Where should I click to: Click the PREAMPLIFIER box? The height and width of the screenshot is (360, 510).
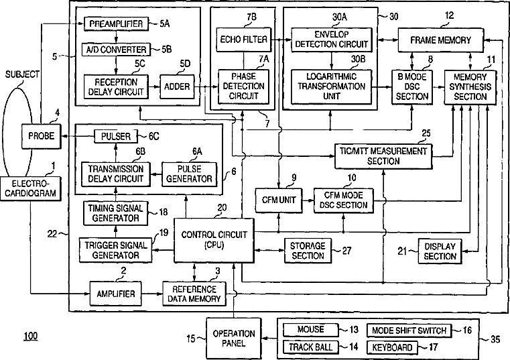pyautogui.click(x=116, y=23)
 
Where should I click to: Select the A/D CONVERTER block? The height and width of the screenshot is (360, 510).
pyautogui.click(x=116, y=50)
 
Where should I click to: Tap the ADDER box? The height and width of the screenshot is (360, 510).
pyautogui.click(x=177, y=86)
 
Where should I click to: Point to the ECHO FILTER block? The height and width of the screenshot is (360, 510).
pyautogui.click(x=244, y=40)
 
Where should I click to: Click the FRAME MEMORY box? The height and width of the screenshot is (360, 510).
pyautogui.click(x=441, y=40)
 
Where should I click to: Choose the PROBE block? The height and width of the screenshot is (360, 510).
pyautogui.click(x=42, y=136)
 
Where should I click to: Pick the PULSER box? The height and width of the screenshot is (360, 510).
pyautogui.click(x=116, y=136)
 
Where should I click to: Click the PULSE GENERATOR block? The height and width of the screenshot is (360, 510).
pyautogui.click(x=189, y=174)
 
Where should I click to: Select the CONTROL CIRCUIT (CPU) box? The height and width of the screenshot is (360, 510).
pyautogui.click(x=214, y=240)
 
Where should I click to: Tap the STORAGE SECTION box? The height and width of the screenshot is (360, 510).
pyautogui.click(x=308, y=251)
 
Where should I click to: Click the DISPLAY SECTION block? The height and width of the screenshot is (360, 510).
pyautogui.click(x=440, y=251)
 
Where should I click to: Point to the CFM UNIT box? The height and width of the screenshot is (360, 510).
pyautogui.click(x=279, y=200)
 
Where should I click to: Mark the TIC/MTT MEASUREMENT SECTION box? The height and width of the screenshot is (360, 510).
pyautogui.click(x=383, y=156)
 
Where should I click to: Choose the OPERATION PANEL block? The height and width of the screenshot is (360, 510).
pyautogui.click(x=233, y=339)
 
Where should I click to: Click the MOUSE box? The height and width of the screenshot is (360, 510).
pyautogui.click(x=310, y=330)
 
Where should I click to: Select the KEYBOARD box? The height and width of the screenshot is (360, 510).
pyautogui.click(x=392, y=348)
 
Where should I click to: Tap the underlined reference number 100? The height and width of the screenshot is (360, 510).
pyautogui.click(x=31, y=336)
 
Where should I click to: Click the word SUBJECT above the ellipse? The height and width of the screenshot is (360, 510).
pyautogui.click(x=22, y=74)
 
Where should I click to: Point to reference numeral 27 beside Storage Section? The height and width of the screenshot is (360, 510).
pyautogui.click(x=347, y=251)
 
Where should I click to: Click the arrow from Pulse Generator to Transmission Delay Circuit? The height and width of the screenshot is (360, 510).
pyautogui.click(x=156, y=174)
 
